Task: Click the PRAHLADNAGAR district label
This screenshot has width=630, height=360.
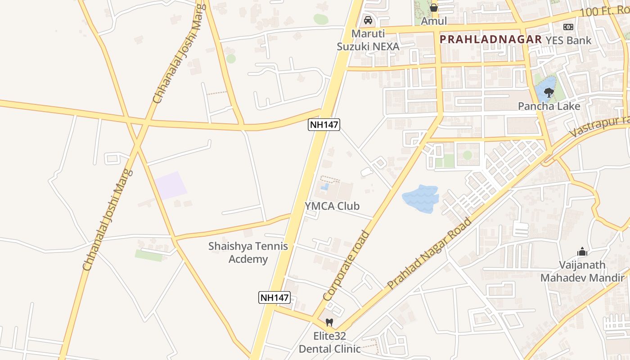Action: [490, 39]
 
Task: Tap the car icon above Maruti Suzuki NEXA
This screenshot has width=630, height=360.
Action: [368, 20]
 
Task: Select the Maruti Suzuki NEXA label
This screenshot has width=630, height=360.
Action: [369, 40]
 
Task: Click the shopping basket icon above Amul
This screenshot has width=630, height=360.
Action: [433, 8]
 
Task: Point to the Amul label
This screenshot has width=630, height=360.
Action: [434, 21]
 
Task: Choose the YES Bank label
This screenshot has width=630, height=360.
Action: [568, 40]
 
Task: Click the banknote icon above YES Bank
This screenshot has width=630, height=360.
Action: [568, 27]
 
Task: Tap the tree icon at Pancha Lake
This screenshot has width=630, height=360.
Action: [549, 93]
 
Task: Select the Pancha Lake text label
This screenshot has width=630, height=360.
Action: [549, 106]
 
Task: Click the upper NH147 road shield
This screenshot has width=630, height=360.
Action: [324, 125]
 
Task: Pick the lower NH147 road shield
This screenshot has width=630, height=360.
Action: [274, 297]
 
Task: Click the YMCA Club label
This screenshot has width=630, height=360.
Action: [332, 206]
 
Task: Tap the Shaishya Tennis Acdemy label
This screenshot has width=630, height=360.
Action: [248, 252]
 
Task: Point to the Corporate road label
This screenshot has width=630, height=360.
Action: [346, 266]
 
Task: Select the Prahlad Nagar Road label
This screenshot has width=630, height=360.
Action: [429, 254]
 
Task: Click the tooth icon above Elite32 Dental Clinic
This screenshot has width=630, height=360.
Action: [329, 322]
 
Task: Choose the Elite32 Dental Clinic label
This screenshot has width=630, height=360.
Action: [330, 342]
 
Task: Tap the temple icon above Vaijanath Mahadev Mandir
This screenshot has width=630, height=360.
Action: [582, 252]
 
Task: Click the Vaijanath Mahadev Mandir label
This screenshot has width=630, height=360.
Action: [582, 271]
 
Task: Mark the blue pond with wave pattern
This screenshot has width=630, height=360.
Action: [420, 198]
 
